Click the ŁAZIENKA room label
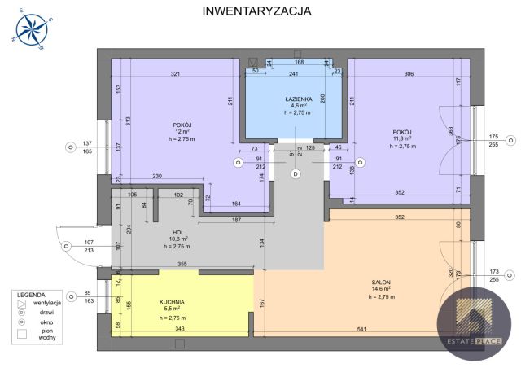click(x=295, y=99)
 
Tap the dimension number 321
click(x=175, y=75)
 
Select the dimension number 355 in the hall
click(x=183, y=264)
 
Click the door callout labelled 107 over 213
click(x=89, y=246)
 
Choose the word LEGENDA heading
click(x=33, y=294)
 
